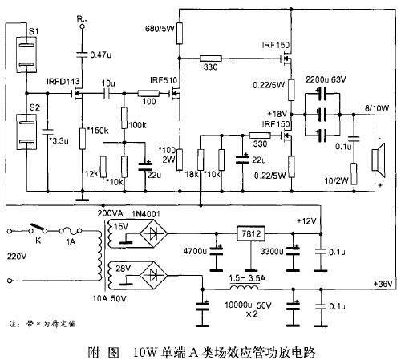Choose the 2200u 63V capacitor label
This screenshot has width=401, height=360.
click(327, 82)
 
